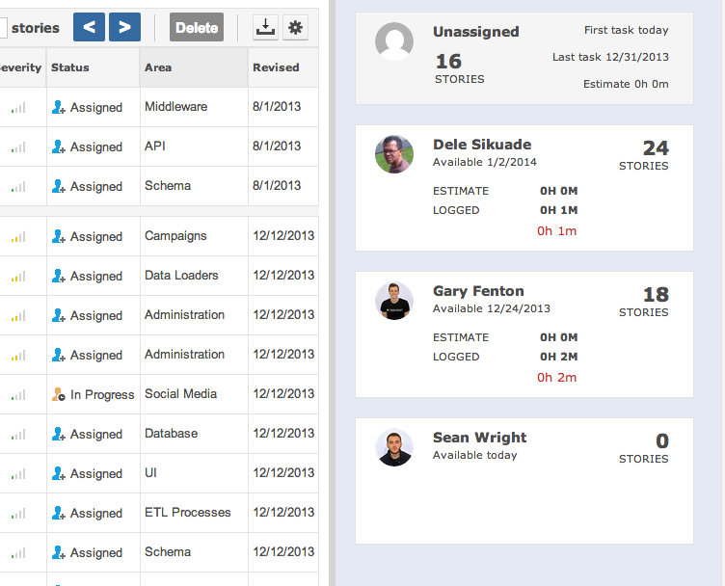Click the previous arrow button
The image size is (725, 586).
pyautogui.click(x=89, y=27)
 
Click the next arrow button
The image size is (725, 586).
pyautogui.click(x=124, y=27)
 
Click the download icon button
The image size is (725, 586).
pyautogui.click(x=265, y=28)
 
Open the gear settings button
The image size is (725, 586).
pyautogui.click(x=296, y=28)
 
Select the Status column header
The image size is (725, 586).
pyautogui.click(x=70, y=67)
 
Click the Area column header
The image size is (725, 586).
pyautogui.click(x=158, y=67)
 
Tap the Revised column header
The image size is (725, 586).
pyautogui.click(x=276, y=67)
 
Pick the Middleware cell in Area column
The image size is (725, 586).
pyautogui.click(x=175, y=107)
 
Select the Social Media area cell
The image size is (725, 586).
pyautogui.click(x=180, y=394)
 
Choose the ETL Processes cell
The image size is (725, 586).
pyautogui.click(x=187, y=513)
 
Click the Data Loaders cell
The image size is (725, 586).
pyautogui.click(x=181, y=276)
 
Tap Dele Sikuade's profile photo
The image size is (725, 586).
pyautogui.click(x=394, y=154)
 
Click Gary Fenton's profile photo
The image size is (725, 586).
pyautogui.click(x=394, y=301)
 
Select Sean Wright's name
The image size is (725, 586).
pyautogui.click(x=479, y=438)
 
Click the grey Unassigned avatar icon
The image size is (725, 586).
pyautogui.click(x=394, y=41)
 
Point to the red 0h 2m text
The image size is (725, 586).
pyautogui.click(x=556, y=377)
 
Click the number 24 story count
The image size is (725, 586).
pyautogui.click(x=656, y=148)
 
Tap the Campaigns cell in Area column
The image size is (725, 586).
pyautogui.click(x=175, y=236)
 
